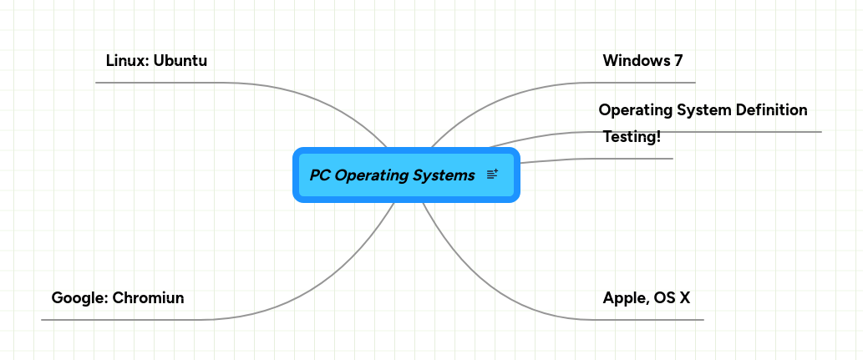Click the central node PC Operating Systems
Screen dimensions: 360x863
tap(393, 175)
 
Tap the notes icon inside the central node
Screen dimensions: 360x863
tap(492, 175)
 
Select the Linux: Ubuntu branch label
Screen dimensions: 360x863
tap(156, 61)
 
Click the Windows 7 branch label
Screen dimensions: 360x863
tap(642, 61)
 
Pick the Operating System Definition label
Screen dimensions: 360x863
tap(703, 110)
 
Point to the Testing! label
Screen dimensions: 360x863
tap(632, 137)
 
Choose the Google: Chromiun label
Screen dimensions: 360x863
tap(118, 298)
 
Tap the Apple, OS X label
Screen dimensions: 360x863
tap(646, 298)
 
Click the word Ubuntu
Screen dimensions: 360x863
tap(180, 61)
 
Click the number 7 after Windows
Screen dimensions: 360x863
tap(678, 61)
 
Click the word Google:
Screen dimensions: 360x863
tap(79, 298)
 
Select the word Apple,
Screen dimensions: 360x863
tap(625, 298)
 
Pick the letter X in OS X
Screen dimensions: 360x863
tap(684, 298)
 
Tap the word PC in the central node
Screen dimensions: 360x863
tap(319, 175)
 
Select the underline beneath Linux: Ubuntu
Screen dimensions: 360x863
tap(159, 83)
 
